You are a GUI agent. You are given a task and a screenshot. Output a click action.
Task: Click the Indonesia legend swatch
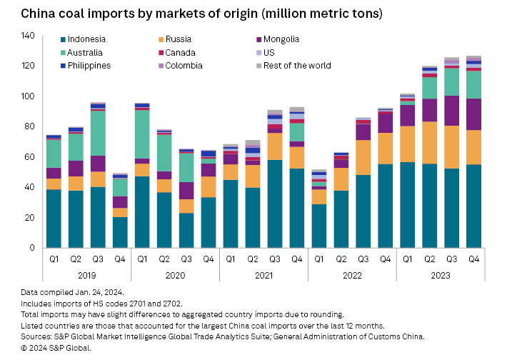click(64, 40)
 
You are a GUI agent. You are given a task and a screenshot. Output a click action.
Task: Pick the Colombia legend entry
click(183, 66)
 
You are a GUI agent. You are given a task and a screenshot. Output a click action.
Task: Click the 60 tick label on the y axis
click(30, 157)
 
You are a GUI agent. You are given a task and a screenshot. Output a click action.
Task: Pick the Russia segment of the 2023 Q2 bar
click(430, 143)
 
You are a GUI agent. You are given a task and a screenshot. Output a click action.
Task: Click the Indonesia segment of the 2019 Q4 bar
click(120, 232)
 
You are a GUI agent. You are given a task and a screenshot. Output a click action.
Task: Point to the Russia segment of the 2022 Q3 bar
click(363, 158)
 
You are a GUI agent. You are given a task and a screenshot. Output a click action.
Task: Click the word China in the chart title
click(36, 14)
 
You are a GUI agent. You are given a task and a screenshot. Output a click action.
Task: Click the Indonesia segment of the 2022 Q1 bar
click(319, 226)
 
